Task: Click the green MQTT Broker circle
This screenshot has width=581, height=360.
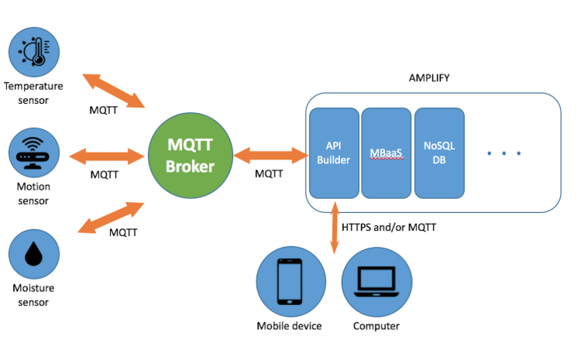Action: tap(191, 155)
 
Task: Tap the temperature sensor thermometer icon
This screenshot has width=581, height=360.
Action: tap(34, 51)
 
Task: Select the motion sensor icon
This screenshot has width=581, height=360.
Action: tap(34, 153)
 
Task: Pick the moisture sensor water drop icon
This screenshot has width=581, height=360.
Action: tap(34, 255)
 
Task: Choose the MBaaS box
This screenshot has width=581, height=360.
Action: tap(385, 153)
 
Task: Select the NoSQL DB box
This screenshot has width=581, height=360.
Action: tap(438, 153)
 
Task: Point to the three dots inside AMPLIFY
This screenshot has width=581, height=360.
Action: tap(504, 153)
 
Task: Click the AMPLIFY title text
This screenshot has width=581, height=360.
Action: tap(429, 79)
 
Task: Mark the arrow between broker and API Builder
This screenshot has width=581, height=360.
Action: tap(268, 155)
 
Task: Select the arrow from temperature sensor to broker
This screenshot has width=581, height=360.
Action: tap(115, 91)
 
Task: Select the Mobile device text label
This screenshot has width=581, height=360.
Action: tap(289, 326)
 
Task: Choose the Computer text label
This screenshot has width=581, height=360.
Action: tap(376, 326)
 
